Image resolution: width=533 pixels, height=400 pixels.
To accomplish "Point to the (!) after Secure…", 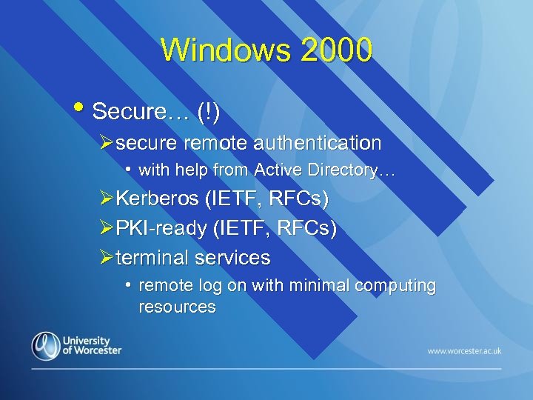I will (209, 112).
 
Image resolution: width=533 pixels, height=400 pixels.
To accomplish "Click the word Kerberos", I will (158, 199).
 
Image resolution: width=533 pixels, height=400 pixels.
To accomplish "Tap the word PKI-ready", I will (161, 229).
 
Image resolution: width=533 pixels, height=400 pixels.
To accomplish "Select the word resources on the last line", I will (177, 307).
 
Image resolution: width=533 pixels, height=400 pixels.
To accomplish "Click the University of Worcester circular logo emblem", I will (45, 346).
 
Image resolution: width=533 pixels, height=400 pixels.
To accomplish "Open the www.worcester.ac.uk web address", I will (464, 350).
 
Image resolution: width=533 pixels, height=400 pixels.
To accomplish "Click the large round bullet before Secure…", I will (81, 108).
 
